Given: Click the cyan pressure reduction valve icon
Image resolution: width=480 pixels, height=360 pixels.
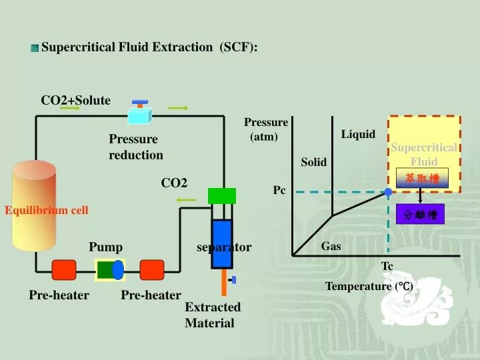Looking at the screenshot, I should click(x=140, y=114).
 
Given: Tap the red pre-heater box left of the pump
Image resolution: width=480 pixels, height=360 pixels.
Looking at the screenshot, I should click(x=64, y=269).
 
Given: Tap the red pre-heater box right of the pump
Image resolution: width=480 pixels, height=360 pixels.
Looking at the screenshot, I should click(x=151, y=269).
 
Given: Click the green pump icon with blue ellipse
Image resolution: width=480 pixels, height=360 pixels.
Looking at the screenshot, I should click(x=109, y=269).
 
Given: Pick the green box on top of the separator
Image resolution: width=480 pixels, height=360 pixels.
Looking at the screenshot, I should click(x=222, y=195).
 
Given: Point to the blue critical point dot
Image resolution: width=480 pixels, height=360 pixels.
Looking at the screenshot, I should click(x=388, y=192).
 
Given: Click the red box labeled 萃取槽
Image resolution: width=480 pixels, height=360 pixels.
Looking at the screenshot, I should click(x=422, y=178).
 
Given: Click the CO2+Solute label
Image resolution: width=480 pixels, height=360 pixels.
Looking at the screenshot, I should click(x=76, y=101).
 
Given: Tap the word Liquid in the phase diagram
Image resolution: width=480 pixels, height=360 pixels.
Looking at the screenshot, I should click(x=359, y=135).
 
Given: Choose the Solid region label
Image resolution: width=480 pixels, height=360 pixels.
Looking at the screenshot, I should click(x=314, y=163).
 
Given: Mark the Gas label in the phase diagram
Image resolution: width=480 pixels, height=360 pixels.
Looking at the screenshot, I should click(x=331, y=247).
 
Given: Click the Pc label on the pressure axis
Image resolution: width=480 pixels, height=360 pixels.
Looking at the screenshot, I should click(x=279, y=191).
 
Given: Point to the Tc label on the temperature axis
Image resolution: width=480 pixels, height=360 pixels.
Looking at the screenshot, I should click(x=387, y=267).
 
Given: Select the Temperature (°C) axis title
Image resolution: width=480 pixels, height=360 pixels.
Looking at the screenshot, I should click(x=369, y=287).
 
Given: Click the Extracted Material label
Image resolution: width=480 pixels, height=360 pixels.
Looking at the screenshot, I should click(x=212, y=315).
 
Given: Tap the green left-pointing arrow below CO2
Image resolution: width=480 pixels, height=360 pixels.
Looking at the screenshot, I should click(x=187, y=200).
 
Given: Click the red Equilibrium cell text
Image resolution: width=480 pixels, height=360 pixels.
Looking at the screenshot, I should click(x=47, y=211).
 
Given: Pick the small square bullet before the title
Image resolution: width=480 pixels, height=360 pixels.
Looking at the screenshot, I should click(x=35, y=48).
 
